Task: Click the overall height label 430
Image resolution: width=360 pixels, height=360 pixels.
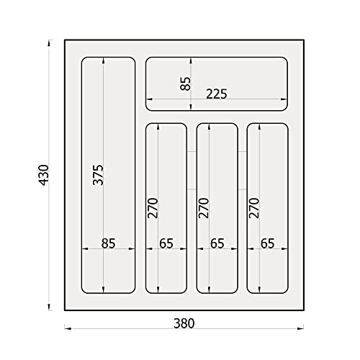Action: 44,175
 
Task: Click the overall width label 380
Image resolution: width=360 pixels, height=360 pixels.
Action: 184,323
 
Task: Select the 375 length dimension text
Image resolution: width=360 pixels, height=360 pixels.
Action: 98,175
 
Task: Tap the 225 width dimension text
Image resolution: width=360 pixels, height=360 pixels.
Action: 217,94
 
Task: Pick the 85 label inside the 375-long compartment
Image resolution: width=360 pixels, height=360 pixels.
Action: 108,243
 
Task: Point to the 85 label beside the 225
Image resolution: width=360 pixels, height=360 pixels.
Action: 185,84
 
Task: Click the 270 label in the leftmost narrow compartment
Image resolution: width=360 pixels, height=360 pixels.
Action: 153,208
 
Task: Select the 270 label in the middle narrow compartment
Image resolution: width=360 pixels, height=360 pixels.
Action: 204,208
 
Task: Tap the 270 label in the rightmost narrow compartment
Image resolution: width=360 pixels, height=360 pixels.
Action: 254,208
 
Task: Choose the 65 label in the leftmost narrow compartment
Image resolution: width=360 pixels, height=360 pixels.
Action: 166,243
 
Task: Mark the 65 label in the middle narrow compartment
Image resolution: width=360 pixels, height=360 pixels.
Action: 217,243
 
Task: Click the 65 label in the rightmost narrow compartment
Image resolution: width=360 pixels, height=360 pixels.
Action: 268,243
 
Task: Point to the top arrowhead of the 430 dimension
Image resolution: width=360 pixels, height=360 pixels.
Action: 49,43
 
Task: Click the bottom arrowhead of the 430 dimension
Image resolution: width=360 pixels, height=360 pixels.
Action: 49,307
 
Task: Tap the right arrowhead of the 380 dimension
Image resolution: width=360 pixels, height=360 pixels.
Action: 300,328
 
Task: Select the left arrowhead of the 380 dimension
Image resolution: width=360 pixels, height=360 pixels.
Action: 68,328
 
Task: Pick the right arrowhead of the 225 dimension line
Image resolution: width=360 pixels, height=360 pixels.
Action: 284,99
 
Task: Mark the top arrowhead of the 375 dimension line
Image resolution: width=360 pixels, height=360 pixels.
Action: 104,60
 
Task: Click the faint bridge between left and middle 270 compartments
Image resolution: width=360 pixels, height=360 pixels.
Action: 192,171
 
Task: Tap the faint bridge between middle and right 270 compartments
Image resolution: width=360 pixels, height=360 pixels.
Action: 243,171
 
